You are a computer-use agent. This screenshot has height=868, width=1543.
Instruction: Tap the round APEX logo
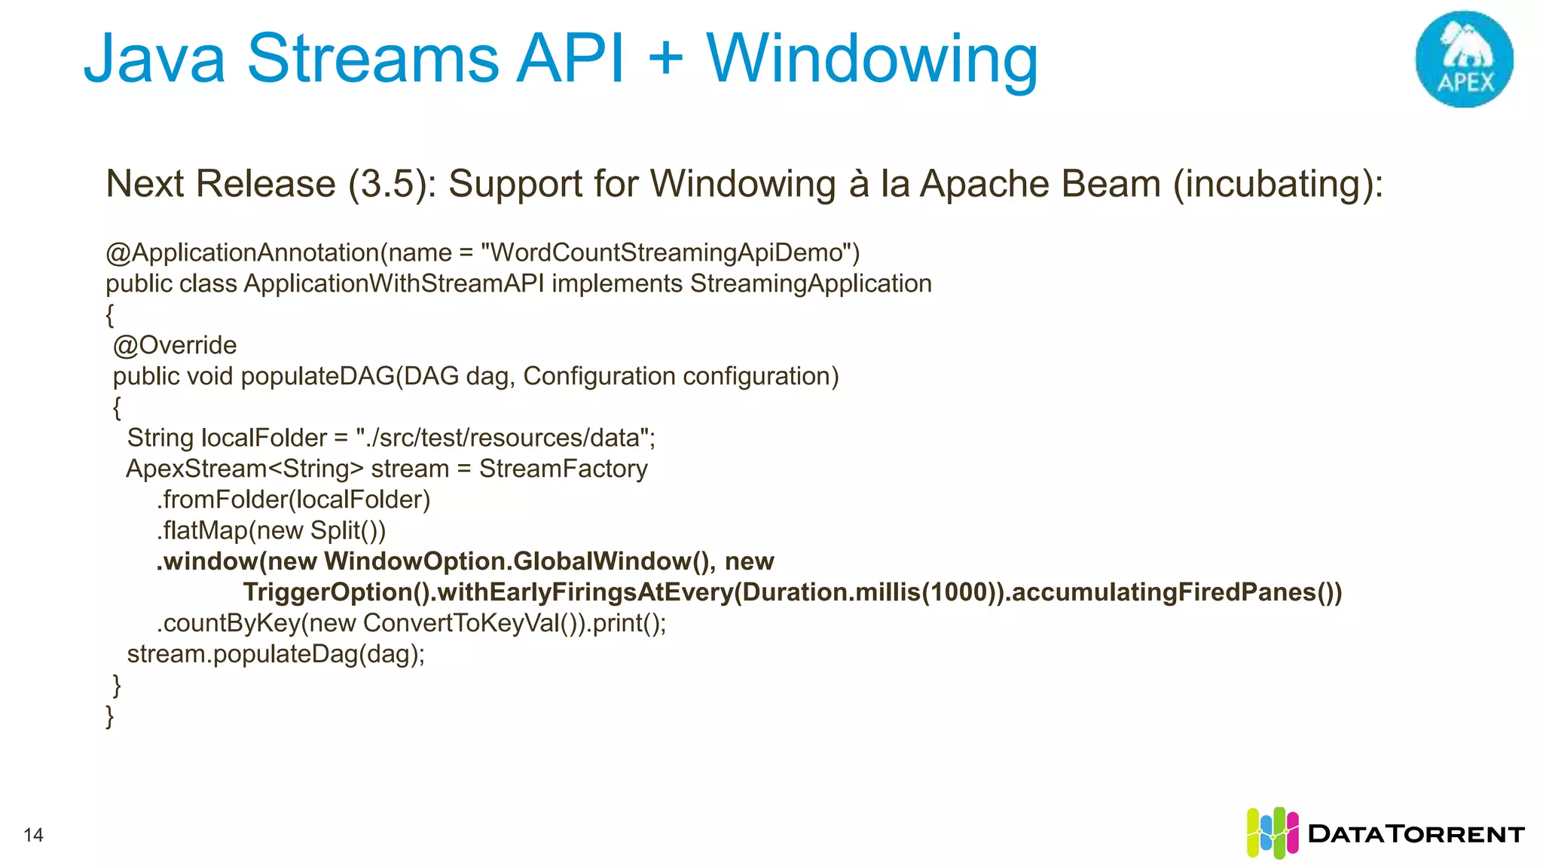tap(1464, 59)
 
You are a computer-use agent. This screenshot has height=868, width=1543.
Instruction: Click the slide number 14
tap(34, 835)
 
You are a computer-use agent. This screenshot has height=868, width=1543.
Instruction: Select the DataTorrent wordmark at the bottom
tap(1416, 834)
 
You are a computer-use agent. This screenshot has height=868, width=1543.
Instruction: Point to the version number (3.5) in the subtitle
tap(392, 185)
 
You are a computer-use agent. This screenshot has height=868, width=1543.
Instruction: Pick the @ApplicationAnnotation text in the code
tap(242, 253)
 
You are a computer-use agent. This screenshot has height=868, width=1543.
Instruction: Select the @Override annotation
tap(175, 345)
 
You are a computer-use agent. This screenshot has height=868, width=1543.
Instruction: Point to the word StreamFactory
tap(564, 469)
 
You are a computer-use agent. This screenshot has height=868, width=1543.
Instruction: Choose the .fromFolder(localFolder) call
tap(294, 500)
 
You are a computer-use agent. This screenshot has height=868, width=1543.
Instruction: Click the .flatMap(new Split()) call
tap(271, 530)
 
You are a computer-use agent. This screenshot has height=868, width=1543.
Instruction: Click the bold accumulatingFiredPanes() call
tap(1176, 592)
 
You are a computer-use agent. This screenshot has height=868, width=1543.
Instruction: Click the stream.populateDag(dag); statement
tap(276, 654)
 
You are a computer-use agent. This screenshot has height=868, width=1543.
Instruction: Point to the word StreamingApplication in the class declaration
tap(811, 284)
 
